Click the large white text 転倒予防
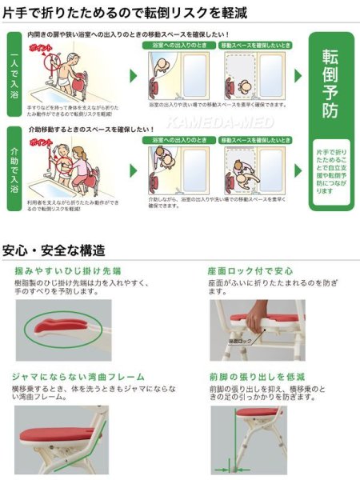tap(330, 83)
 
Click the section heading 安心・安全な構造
tap(54, 250)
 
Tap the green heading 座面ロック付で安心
tap(242, 270)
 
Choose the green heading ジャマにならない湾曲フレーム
tap(78, 376)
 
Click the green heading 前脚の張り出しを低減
tap(250, 376)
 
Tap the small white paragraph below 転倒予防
tap(330, 169)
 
